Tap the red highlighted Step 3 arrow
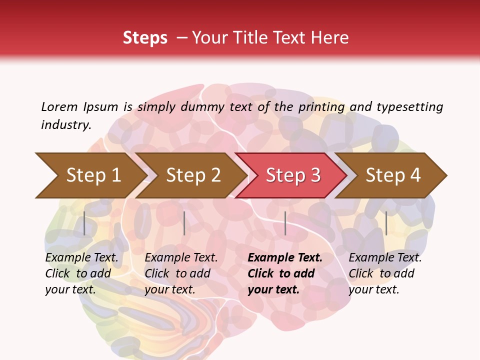point(293,175)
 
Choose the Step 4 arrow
point(393,175)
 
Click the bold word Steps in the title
point(145,38)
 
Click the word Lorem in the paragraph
point(59,106)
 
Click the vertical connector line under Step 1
point(84,223)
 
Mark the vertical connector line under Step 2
point(184,223)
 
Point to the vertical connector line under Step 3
point(285,223)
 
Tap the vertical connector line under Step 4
point(386,223)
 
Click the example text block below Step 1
point(81,273)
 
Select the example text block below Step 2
point(181,273)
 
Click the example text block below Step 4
point(385,273)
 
